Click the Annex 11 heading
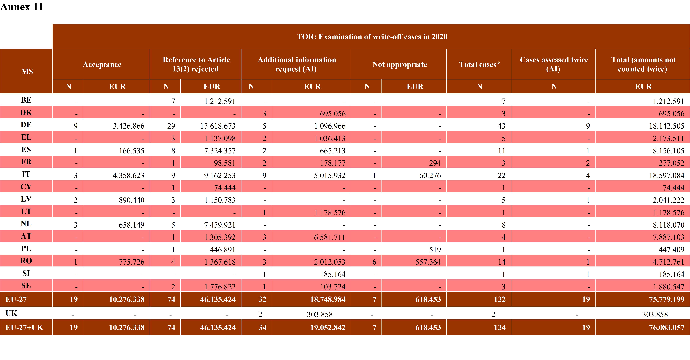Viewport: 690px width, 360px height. click(22, 7)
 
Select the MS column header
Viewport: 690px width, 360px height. click(27, 72)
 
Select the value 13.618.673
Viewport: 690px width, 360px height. click(218, 126)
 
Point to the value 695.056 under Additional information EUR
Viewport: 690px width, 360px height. click(333, 114)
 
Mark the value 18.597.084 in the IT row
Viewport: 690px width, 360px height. click(666, 175)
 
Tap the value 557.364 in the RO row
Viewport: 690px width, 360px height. click(428, 262)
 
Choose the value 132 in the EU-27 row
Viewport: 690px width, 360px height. click(500, 299)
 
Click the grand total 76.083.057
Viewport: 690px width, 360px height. click(666, 327)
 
